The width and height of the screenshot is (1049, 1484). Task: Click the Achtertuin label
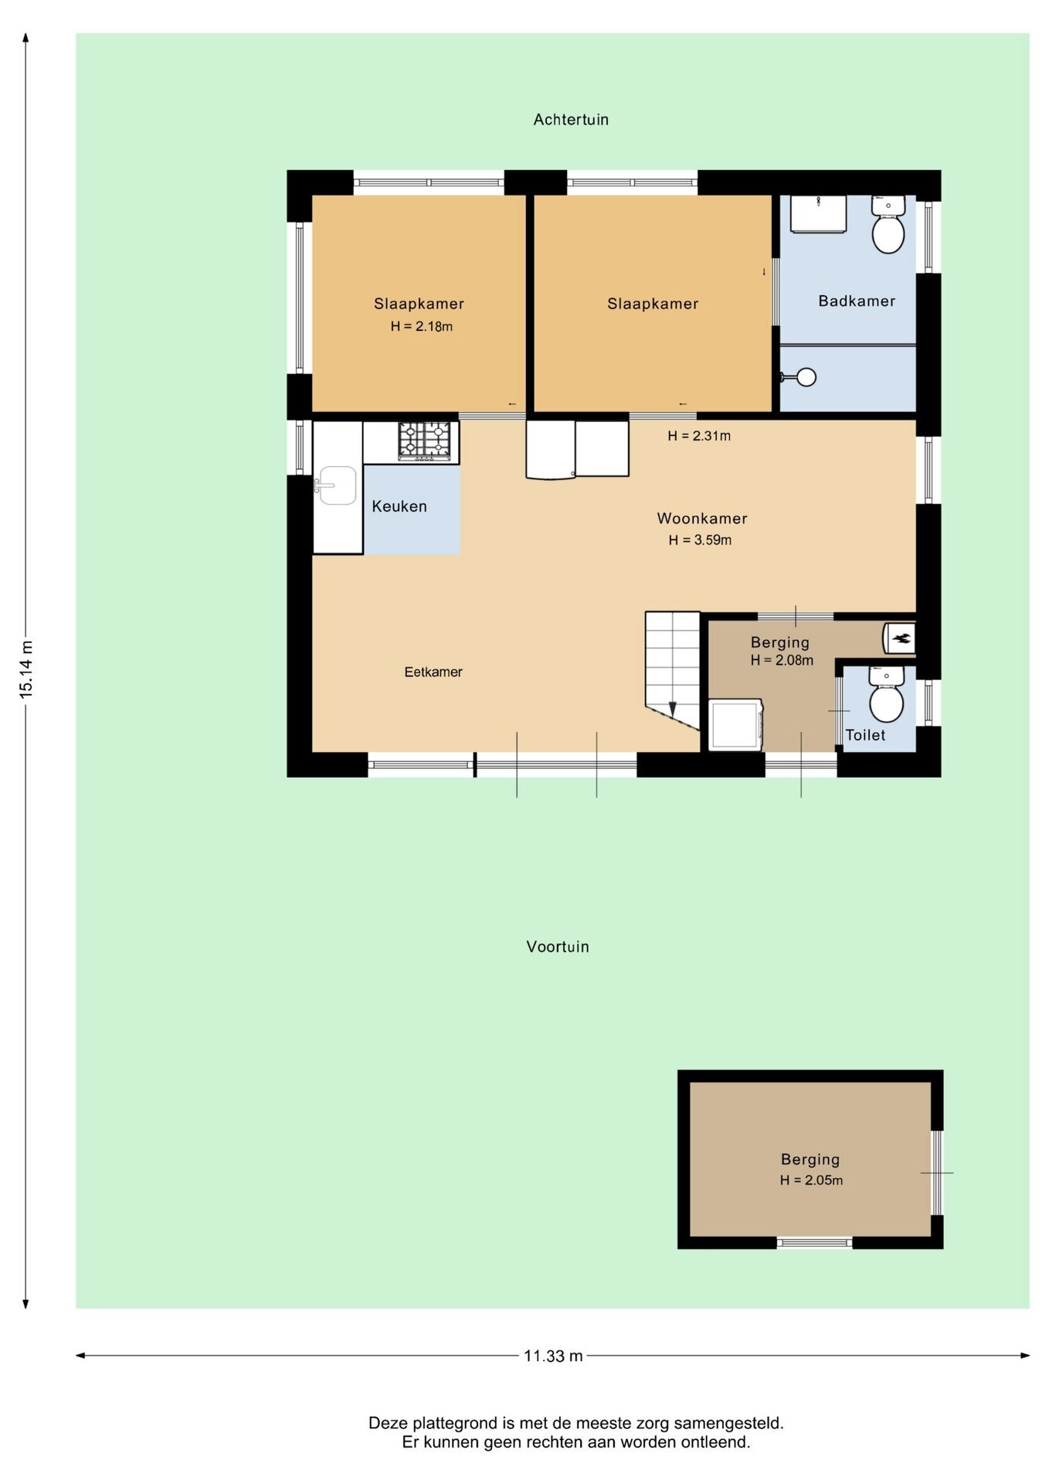click(x=571, y=120)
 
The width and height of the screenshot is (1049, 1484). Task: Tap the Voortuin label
click(x=558, y=947)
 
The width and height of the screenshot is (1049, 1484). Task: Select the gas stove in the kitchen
click(x=424, y=441)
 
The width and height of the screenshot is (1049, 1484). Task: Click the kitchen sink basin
click(x=337, y=485)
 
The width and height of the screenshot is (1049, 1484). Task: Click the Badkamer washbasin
click(x=818, y=213)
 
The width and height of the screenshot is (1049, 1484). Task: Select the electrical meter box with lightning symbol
click(x=899, y=638)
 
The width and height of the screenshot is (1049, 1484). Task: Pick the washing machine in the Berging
click(x=736, y=725)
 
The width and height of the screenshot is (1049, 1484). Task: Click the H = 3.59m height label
click(x=700, y=540)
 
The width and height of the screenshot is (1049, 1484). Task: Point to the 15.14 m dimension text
click(x=26, y=669)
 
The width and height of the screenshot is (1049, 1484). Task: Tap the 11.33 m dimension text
click(x=553, y=1356)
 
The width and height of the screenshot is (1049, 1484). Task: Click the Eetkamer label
click(x=433, y=672)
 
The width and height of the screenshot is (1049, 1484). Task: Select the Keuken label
click(x=399, y=506)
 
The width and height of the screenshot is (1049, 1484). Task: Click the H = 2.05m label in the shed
click(x=811, y=1180)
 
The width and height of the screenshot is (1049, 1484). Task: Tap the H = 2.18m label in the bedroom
click(x=422, y=326)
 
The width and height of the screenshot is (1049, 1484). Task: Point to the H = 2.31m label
click(x=699, y=436)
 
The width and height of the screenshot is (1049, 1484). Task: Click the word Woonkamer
click(x=702, y=519)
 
